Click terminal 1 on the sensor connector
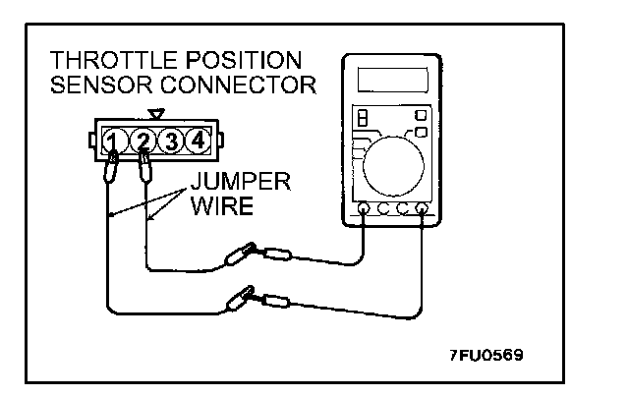(114, 140)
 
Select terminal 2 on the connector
(143, 140)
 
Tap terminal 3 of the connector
(171, 140)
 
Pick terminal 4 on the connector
(198, 140)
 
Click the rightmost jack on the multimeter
(423, 209)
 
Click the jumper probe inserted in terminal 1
(113, 169)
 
